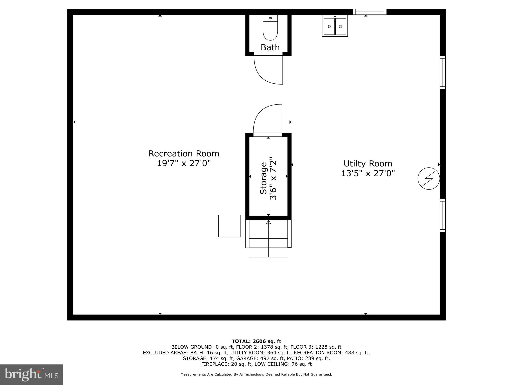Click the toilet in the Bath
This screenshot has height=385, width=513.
[x=270, y=28]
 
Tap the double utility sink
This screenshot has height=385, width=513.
[x=335, y=26]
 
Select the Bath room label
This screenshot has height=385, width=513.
[x=270, y=47]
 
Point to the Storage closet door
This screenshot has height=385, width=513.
[x=268, y=135]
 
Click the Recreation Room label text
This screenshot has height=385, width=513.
[x=184, y=154]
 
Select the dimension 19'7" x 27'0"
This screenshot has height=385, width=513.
[x=184, y=163]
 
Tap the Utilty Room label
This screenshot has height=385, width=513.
[x=368, y=164]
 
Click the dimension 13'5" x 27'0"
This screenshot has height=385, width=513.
[x=368, y=173]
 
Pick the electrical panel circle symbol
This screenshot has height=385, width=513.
[x=429, y=178]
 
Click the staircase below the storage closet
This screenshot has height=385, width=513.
[x=268, y=238]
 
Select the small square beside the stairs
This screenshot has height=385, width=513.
[x=229, y=226]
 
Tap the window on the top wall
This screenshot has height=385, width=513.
[x=370, y=12]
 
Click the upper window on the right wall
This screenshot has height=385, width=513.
[x=443, y=72]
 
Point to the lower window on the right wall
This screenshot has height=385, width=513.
[x=443, y=215]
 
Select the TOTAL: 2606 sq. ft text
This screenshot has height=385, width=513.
[x=256, y=341]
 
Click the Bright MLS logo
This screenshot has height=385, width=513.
[x=31, y=374]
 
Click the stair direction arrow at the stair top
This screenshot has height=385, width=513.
[x=269, y=222]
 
